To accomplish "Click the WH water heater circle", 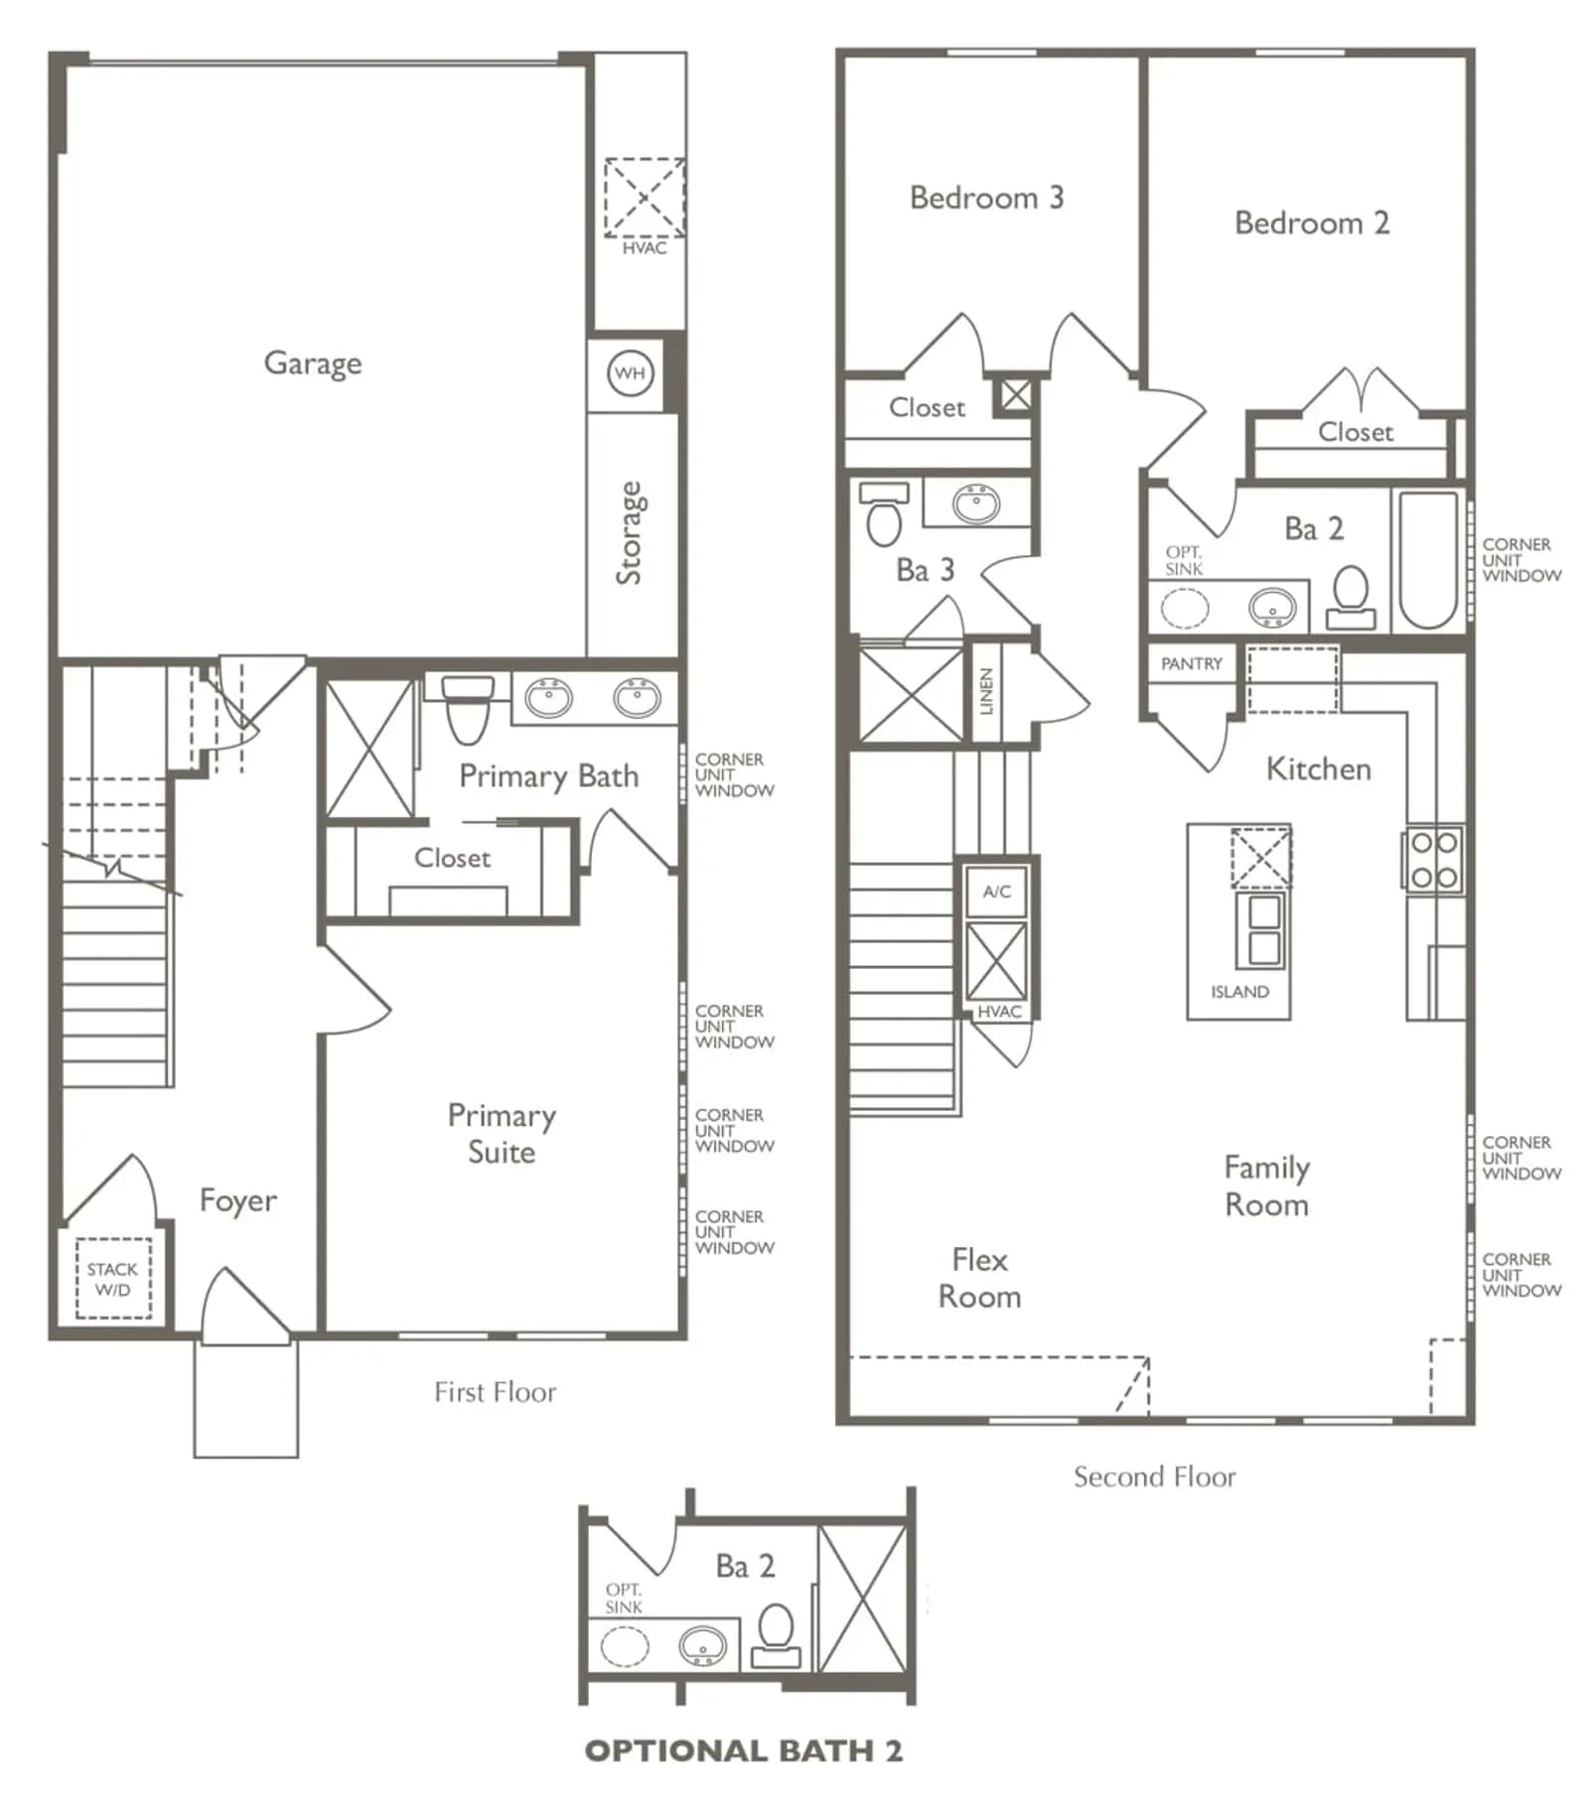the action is click(x=631, y=373).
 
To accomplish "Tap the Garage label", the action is click(x=313, y=363).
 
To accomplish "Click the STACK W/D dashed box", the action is click(x=113, y=1278).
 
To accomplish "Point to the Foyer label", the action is click(x=238, y=1200).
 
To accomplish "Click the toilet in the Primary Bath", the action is click(x=468, y=709).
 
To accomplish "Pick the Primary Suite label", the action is click(x=502, y=1134).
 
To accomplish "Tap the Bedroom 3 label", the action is click(x=987, y=198).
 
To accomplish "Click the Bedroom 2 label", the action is click(x=1312, y=222).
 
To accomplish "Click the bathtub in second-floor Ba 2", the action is click(x=1429, y=560).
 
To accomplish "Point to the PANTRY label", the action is click(x=1192, y=663).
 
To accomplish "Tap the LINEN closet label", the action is click(x=986, y=691).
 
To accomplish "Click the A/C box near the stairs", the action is click(x=997, y=892).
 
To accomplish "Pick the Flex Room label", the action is click(x=980, y=1278).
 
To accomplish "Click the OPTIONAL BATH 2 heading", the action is click(x=744, y=1750).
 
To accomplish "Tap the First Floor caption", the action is click(x=496, y=1392).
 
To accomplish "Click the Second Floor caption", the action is click(x=1155, y=1476).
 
